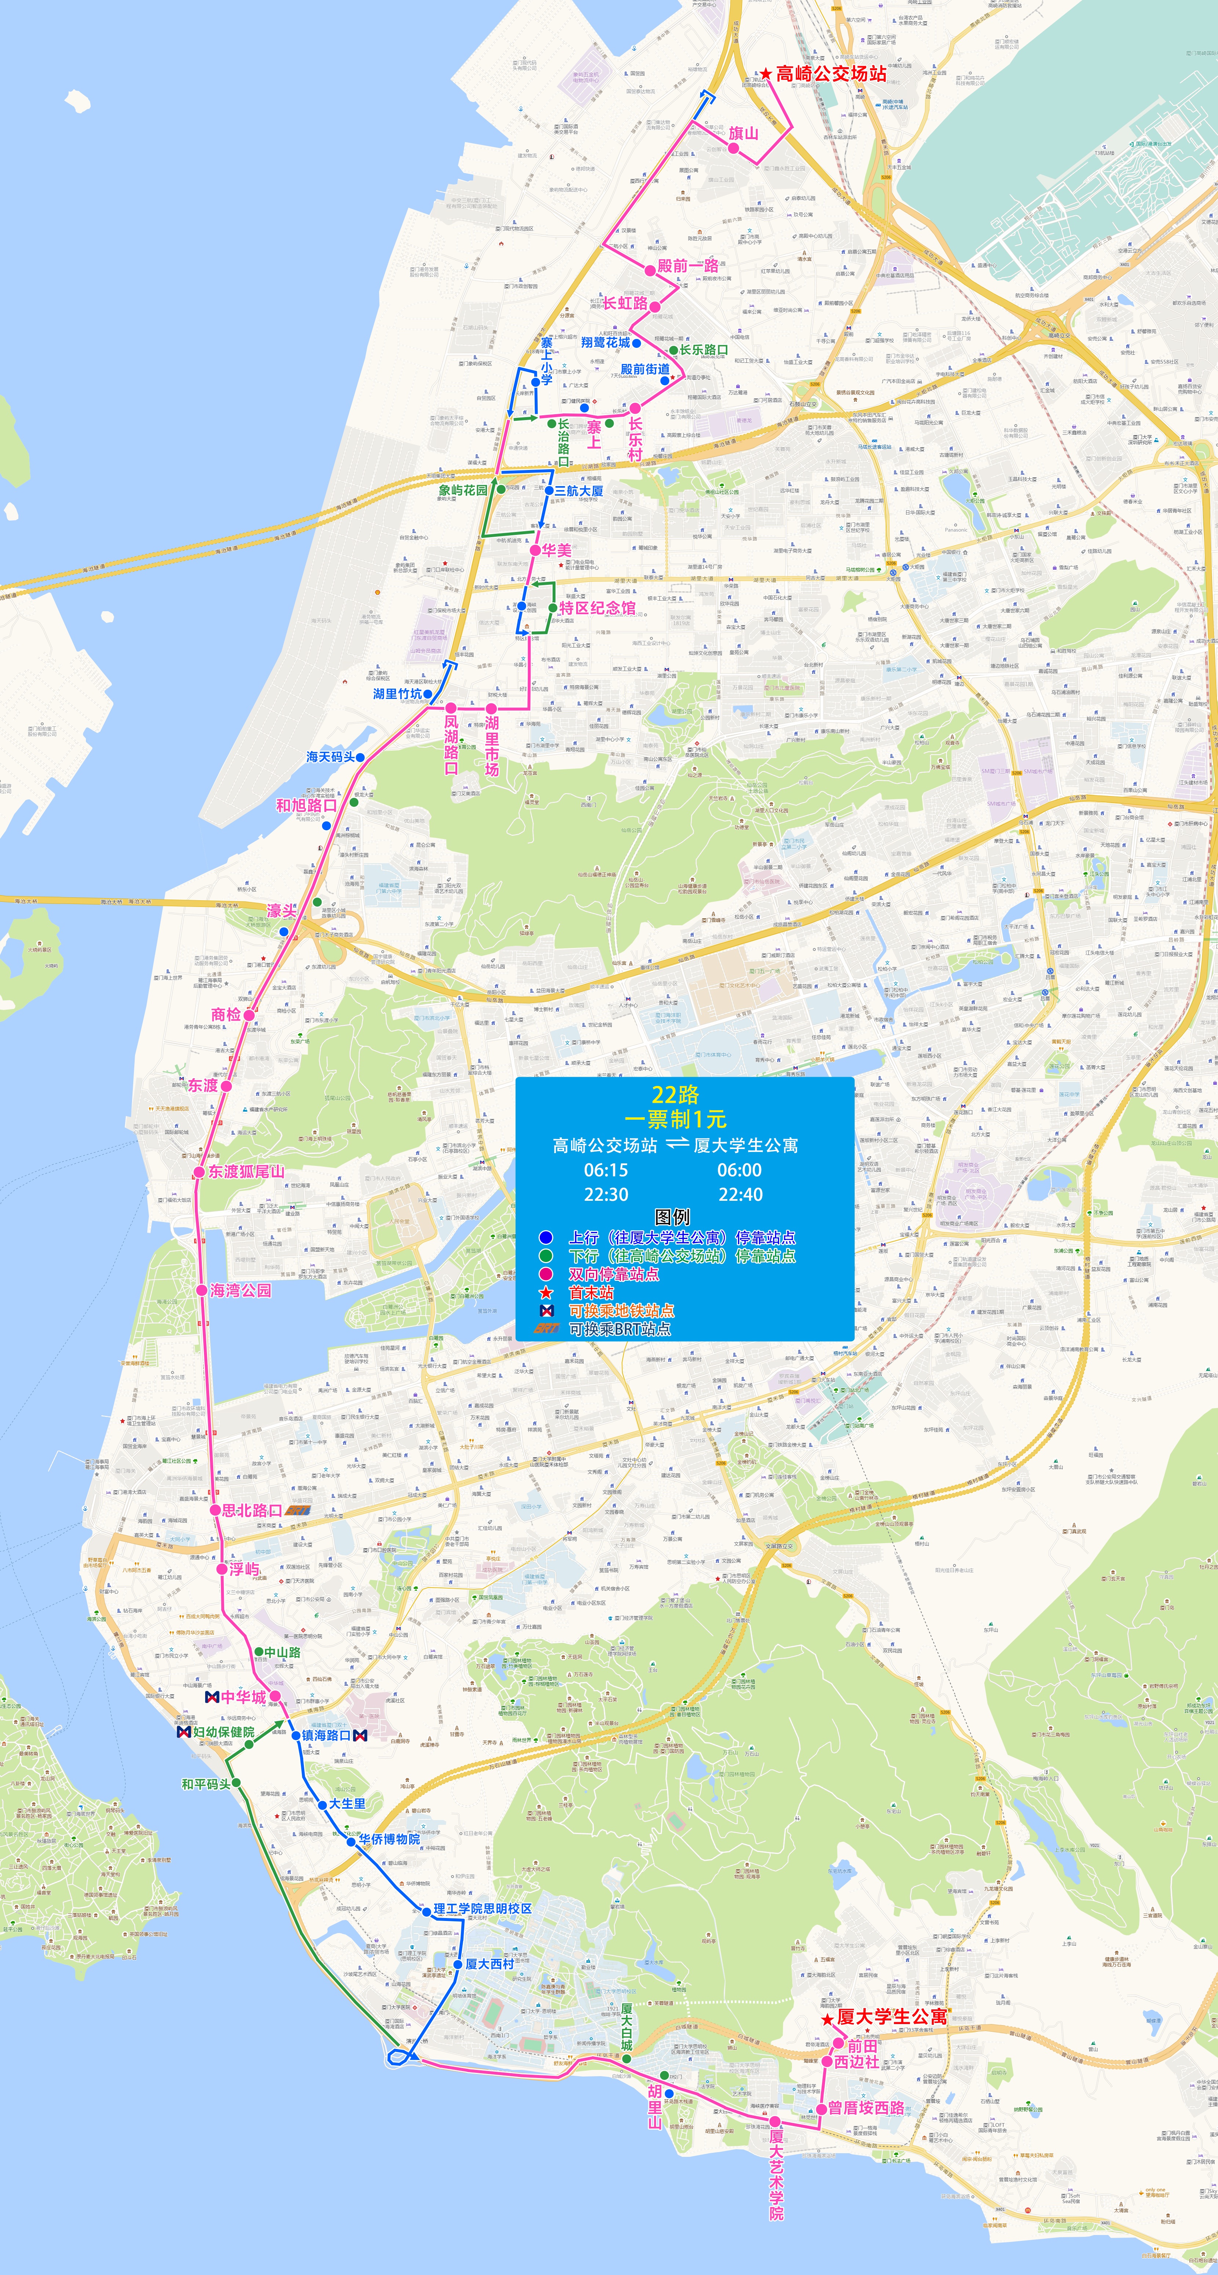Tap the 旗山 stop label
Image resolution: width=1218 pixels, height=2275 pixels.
coord(744,133)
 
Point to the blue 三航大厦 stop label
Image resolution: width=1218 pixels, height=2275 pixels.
coord(578,491)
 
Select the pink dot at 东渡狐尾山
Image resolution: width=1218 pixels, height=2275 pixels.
coord(200,1172)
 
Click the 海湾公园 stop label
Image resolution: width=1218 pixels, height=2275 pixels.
coord(240,1290)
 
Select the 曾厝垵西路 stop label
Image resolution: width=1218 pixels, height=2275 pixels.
coord(866,2108)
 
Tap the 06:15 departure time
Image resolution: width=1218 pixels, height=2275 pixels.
coord(606,1170)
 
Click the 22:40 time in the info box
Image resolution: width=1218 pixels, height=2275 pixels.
coord(740,1195)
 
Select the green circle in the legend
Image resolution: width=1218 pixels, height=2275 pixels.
coord(546,1256)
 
